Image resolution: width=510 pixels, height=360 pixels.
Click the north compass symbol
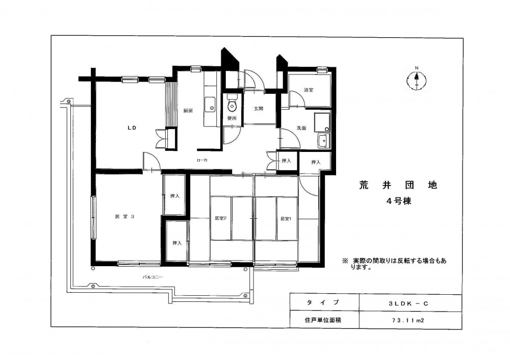[x=416, y=80]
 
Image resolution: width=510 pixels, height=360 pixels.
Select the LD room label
[x=132, y=128]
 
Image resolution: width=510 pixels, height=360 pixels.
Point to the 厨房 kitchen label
[x=188, y=111]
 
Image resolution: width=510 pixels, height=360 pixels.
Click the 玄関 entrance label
[x=259, y=109]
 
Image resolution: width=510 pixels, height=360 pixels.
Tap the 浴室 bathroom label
[x=309, y=90]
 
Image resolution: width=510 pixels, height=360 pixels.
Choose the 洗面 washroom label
[x=301, y=128]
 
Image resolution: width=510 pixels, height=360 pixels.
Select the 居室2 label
[x=220, y=219]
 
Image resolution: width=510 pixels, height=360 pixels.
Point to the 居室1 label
[x=286, y=219]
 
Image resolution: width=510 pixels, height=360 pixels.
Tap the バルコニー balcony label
[x=152, y=277]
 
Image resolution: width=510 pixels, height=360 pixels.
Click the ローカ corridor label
[x=202, y=160]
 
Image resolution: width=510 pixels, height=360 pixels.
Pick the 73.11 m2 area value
[x=408, y=320]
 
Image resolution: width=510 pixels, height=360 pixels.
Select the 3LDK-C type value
[x=409, y=304]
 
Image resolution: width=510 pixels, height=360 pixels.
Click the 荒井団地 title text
[x=398, y=186]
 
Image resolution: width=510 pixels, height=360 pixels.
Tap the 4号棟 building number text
[x=399, y=201]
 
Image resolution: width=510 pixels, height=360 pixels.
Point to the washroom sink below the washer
[x=323, y=141]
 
